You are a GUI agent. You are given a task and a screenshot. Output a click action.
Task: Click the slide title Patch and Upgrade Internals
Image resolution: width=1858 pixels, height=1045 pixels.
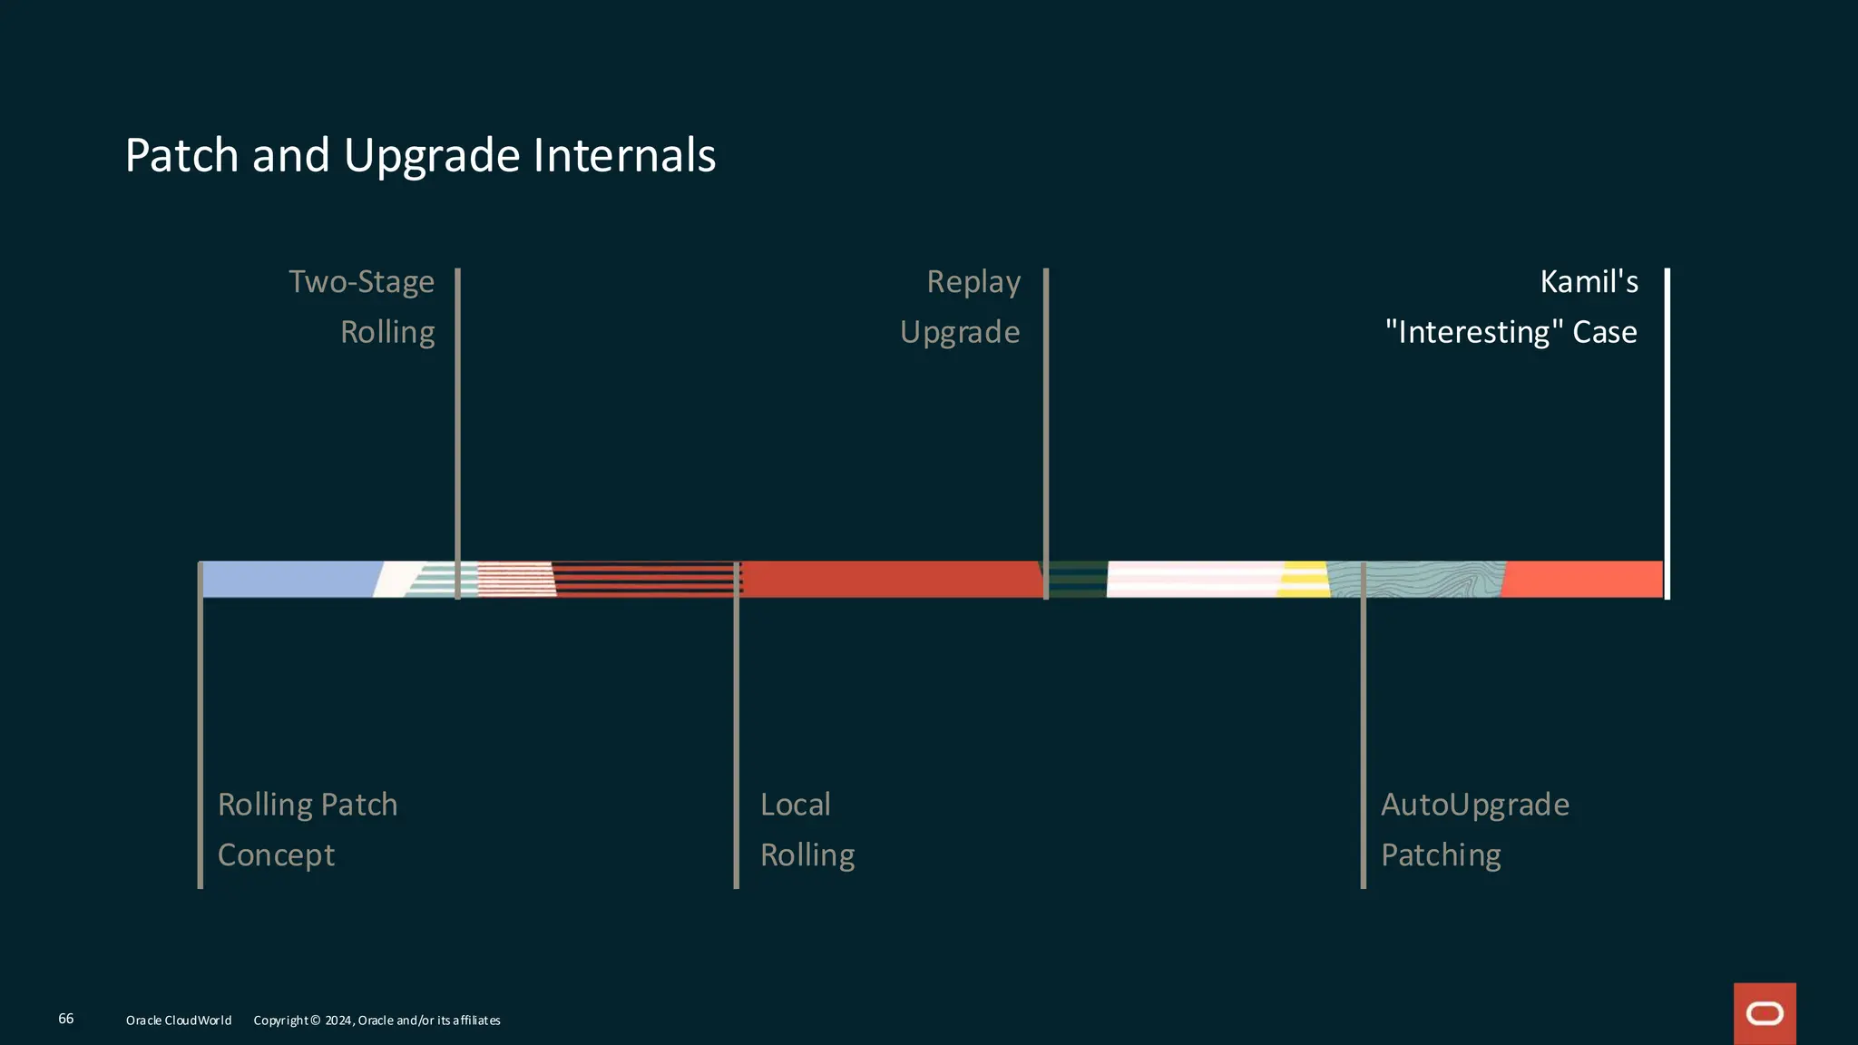[420, 155]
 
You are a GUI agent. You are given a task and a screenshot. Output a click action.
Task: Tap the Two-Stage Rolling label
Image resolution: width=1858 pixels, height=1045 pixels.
[362, 307]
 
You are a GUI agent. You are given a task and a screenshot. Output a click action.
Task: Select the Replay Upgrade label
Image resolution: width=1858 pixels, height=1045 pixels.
[961, 307]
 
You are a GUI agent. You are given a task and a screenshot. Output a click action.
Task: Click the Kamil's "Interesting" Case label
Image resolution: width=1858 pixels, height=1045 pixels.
[1512, 307]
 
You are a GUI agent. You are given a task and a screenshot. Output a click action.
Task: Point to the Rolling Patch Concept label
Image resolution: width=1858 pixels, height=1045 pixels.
[308, 829]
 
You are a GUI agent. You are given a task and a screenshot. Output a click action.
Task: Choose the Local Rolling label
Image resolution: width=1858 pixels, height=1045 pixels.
[807, 829]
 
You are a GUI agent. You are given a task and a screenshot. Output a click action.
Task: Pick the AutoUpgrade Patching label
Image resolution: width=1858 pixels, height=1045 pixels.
[1475, 829]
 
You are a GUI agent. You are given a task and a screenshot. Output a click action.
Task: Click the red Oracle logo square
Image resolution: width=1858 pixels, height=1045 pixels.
[1765, 1013]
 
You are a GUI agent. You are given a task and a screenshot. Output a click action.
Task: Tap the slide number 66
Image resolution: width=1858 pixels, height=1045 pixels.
[66, 1019]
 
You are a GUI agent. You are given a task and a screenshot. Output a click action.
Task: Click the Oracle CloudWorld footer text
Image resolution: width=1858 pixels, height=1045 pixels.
[179, 1021]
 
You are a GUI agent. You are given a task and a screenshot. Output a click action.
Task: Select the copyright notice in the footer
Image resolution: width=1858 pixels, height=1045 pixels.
[376, 1021]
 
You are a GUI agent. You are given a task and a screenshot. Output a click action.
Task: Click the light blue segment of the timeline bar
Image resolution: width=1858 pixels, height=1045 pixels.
[288, 580]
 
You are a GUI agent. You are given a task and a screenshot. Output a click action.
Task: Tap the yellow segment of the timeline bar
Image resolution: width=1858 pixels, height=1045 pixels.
[1304, 580]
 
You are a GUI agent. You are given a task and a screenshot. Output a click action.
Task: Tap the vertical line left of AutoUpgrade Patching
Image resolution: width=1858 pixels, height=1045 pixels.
[1363, 744]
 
